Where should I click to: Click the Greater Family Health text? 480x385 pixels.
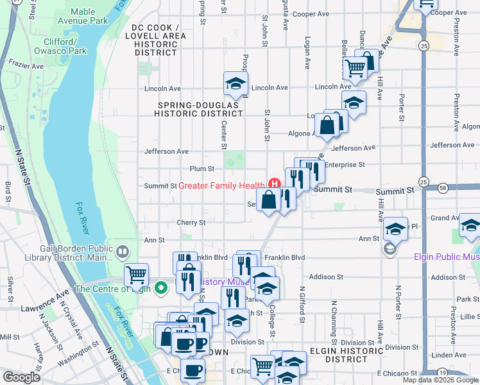tap(221, 186)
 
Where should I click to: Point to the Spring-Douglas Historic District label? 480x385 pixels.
tap(198, 108)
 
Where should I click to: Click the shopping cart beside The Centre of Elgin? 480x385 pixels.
tap(136, 275)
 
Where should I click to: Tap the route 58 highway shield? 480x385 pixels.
tap(444, 188)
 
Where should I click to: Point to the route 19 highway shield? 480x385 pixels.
tap(442, 372)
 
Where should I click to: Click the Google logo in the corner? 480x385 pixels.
tap(21, 377)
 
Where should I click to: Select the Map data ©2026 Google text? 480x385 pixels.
tap(440, 380)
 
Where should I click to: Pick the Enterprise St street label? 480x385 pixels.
tap(345, 165)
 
